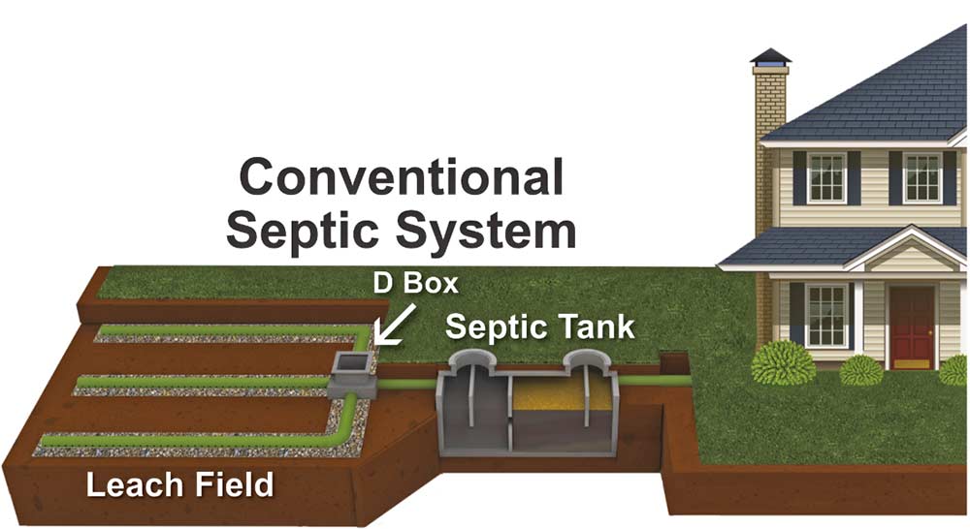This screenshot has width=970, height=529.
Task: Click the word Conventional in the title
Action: (401, 179)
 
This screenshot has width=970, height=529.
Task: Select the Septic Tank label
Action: (539, 327)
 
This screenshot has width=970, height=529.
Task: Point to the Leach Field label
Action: (179, 484)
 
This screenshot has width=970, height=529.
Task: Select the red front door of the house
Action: (912, 327)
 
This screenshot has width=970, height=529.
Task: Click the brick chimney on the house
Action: (770, 145)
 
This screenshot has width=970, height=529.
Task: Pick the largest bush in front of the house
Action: (784, 363)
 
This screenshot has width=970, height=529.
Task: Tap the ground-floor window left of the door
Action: (825, 315)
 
